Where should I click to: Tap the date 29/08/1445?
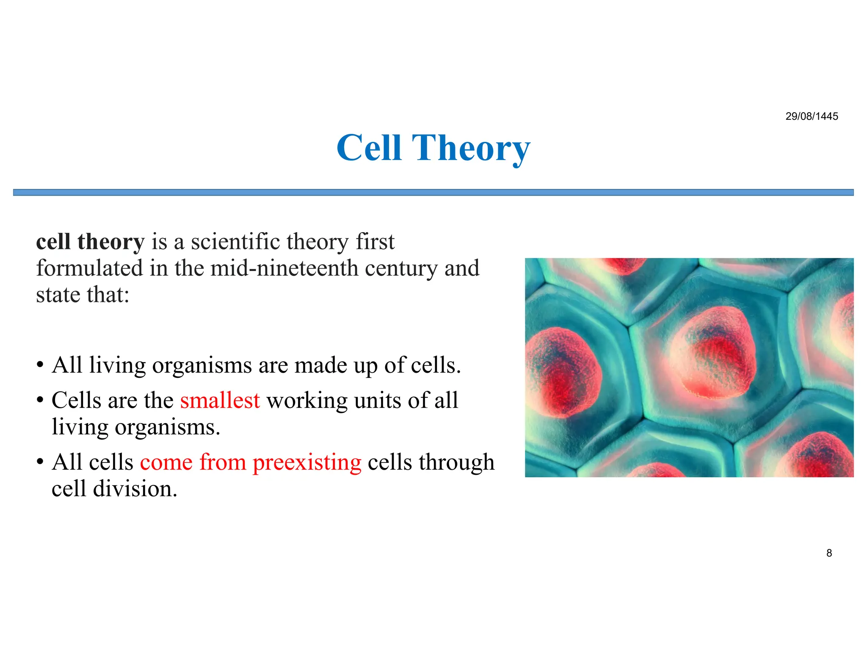[x=812, y=116]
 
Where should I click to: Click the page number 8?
[x=829, y=553]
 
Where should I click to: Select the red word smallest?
[x=220, y=401]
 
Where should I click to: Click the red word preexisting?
[x=307, y=462]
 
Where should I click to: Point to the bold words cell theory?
[x=90, y=242]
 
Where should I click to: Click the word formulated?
[x=89, y=269]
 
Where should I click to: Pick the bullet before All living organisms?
[x=40, y=365]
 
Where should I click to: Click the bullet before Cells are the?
[x=40, y=400]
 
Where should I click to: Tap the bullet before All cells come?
[x=40, y=462]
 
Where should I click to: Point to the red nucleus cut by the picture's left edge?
[x=559, y=371]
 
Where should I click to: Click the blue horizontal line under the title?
[x=433, y=193]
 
